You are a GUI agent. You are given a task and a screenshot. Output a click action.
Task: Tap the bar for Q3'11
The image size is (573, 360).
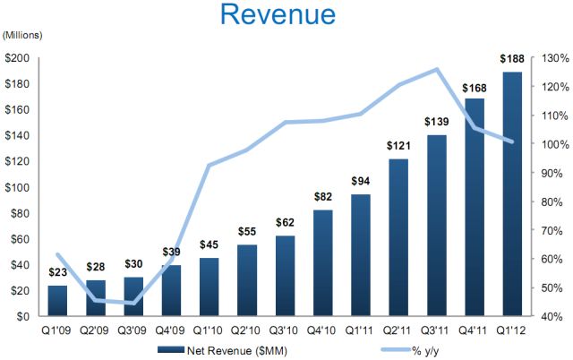[x=437, y=225]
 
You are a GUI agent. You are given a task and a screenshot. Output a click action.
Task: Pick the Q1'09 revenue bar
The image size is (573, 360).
[x=57, y=300]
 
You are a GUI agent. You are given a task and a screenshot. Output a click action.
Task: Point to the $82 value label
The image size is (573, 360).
[x=324, y=196]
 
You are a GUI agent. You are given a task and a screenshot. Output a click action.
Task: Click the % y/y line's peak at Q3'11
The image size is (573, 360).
[x=437, y=69]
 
